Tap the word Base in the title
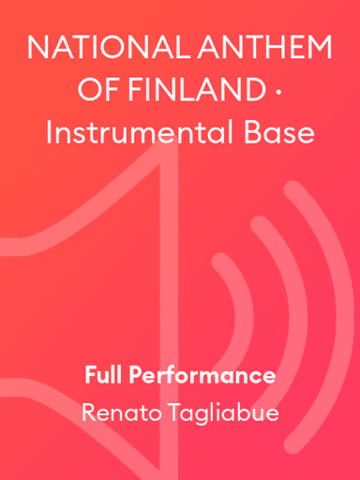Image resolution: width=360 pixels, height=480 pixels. tap(279, 133)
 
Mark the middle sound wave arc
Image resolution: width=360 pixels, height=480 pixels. tap(277, 309)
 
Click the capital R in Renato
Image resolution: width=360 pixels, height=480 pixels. tap(88, 412)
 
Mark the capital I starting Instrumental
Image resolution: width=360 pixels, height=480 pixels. tap(48, 133)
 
